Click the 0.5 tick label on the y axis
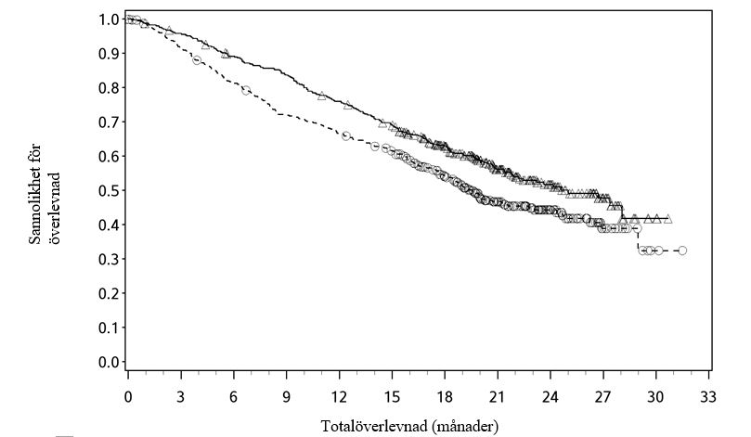tap(109, 191)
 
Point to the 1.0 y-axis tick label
tap(109, 19)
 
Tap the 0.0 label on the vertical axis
tap(109, 363)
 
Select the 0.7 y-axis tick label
tap(109, 122)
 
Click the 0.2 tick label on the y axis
tap(109, 294)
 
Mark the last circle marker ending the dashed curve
tap(682, 251)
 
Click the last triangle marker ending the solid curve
tap(667, 219)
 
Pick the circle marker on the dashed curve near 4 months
tap(197, 60)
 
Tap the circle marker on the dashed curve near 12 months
tap(346, 135)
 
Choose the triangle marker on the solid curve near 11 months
tap(322, 96)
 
